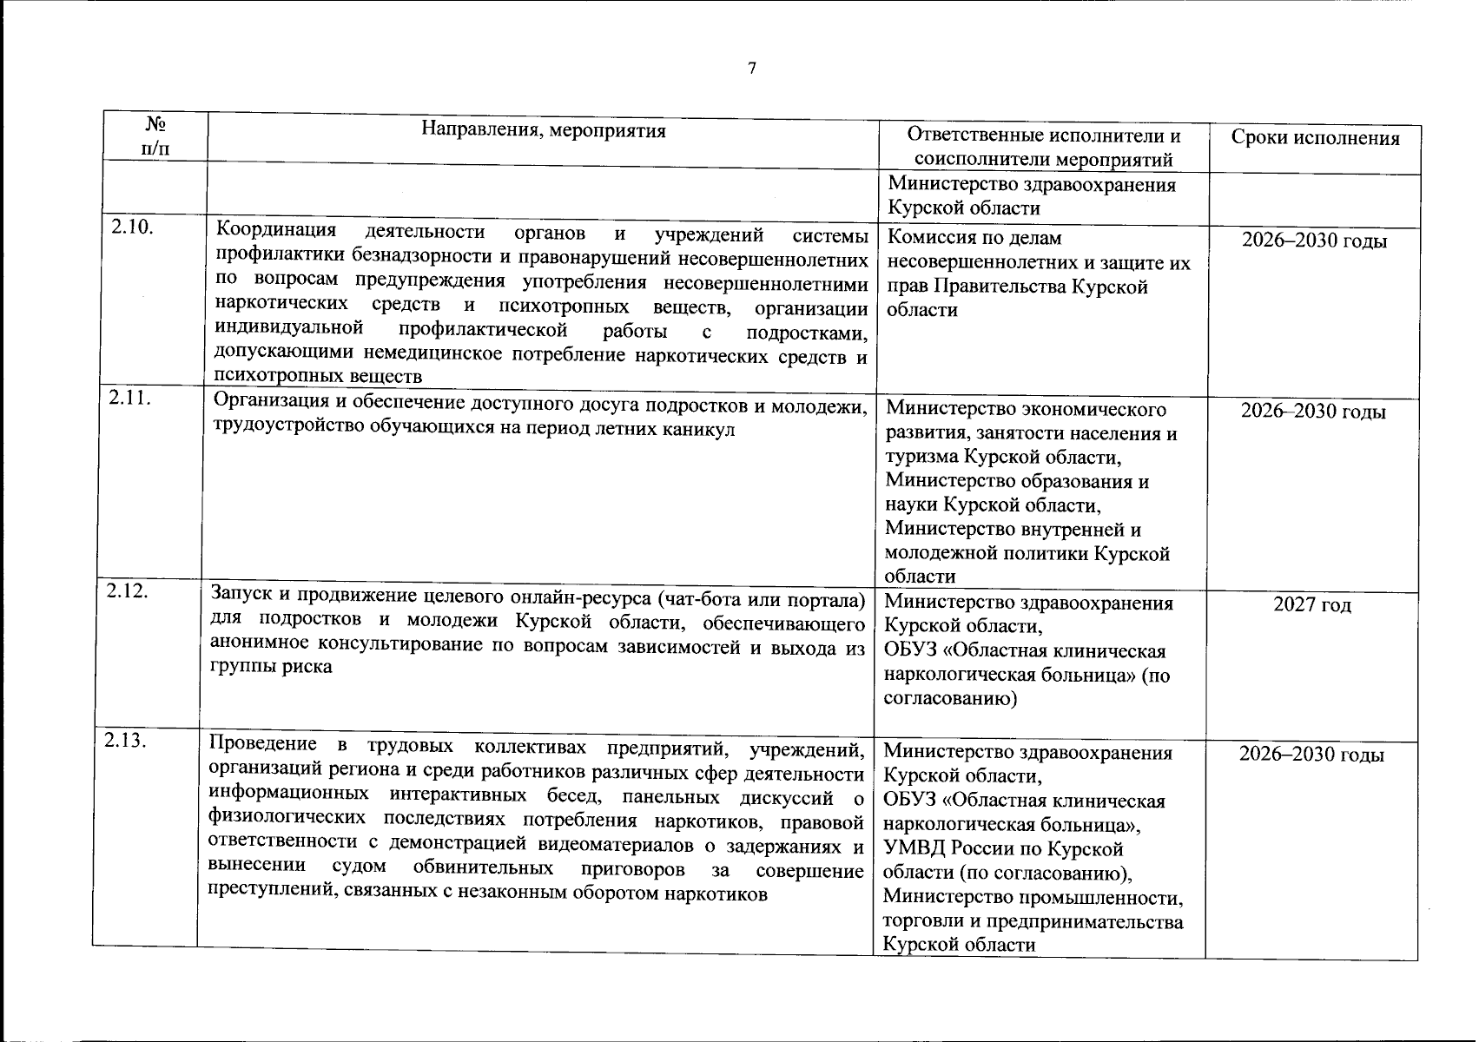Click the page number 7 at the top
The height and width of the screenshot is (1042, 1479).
coord(752,69)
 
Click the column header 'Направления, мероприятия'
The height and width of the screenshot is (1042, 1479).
coord(544,131)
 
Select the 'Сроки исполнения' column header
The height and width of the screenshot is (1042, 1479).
coord(1316,138)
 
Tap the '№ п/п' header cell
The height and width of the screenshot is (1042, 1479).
coord(155,136)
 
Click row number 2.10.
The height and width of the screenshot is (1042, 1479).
coord(132,228)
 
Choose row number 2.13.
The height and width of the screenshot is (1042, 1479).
coord(126,741)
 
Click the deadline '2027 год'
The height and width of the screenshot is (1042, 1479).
coord(1312,604)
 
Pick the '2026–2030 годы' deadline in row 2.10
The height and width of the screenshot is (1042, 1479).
coord(1314,241)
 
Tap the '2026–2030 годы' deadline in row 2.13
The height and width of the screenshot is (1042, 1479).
coord(1311,755)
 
